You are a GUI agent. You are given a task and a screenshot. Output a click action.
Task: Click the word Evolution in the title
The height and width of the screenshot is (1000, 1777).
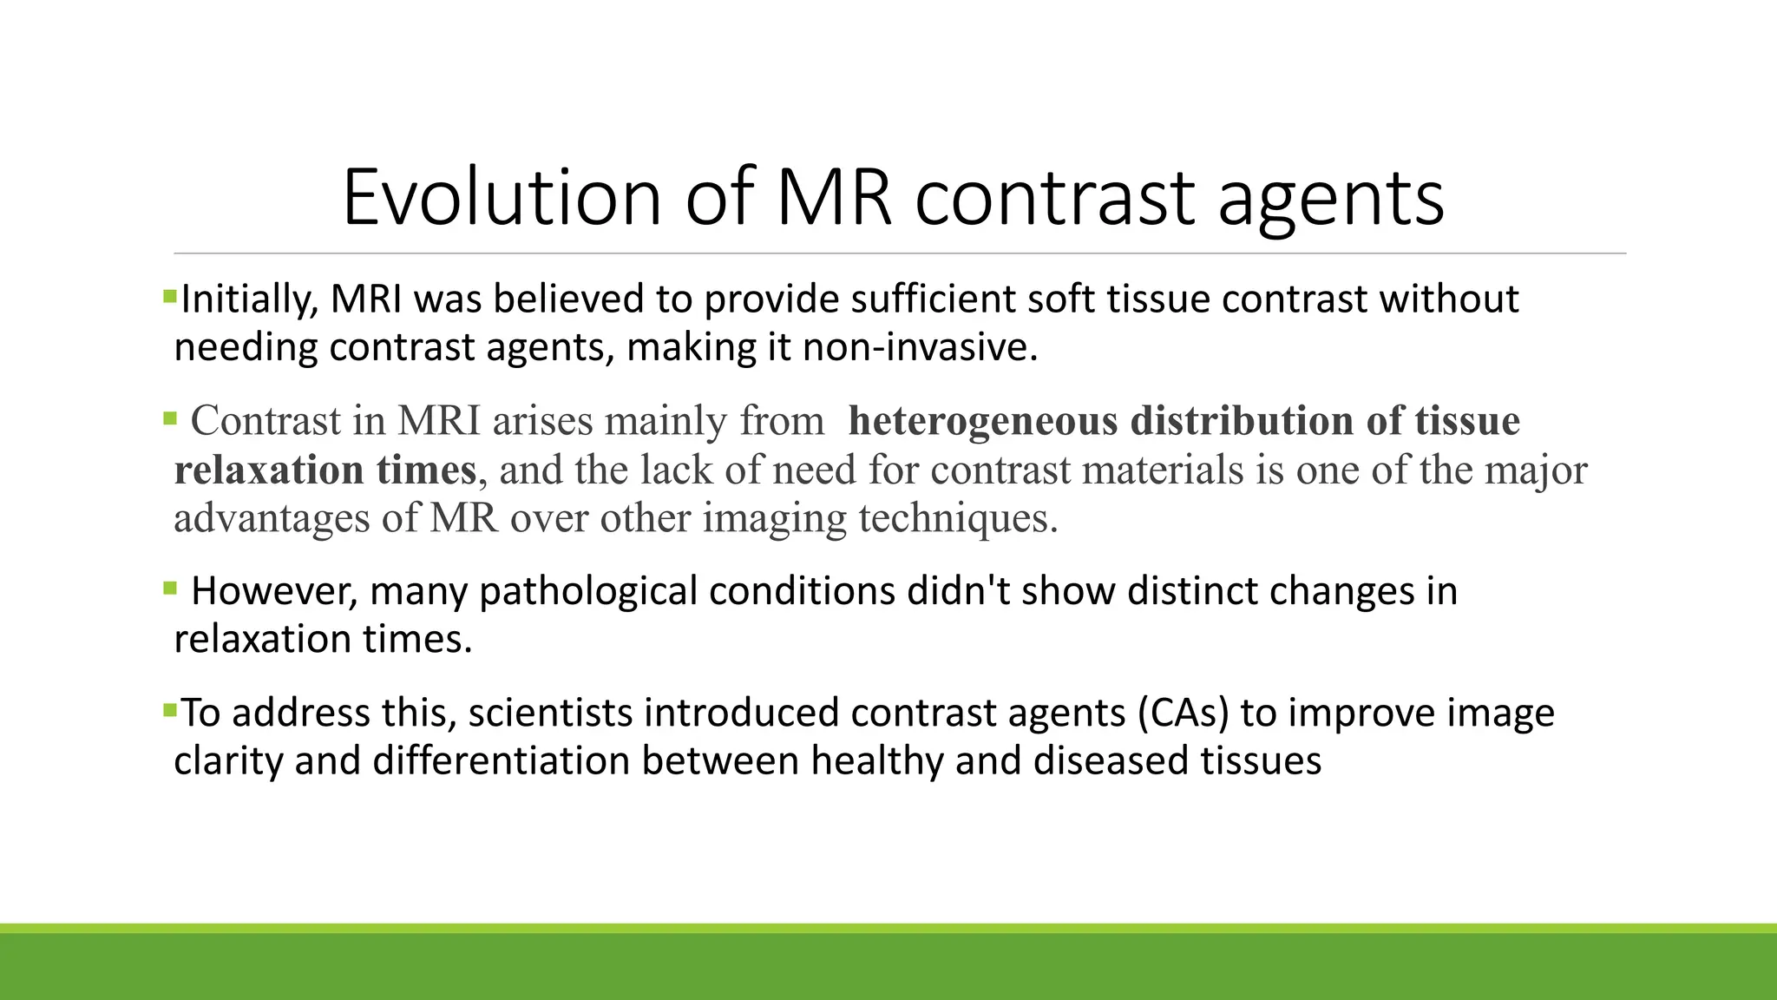tap(502, 198)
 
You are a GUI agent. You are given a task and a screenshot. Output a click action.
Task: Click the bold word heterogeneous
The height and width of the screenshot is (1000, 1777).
tap(982, 422)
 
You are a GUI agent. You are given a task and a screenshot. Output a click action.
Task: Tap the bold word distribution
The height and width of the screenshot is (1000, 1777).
tap(1242, 422)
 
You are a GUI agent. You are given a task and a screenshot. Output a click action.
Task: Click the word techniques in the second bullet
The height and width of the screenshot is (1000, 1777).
tap(958, 519)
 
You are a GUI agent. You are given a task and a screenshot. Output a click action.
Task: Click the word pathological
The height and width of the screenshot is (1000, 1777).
tap(587, 591)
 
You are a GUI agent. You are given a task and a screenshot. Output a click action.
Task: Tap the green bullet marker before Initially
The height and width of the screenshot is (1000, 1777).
tap(169, 297)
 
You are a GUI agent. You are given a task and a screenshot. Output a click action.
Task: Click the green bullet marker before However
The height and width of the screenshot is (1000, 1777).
tap(169, 589)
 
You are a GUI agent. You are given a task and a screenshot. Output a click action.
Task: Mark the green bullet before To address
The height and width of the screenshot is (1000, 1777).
tap(169, 711)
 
